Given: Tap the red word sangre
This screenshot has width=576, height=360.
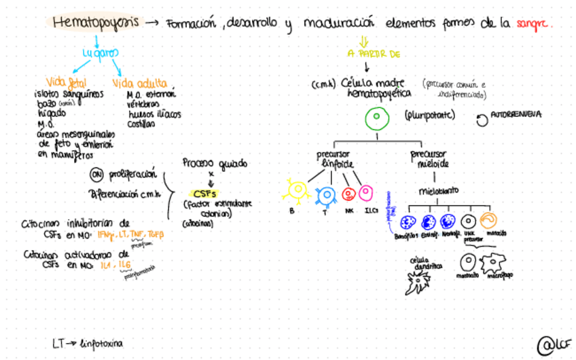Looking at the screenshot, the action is (535, 23).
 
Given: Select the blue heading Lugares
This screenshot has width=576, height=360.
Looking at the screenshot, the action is (98, 52).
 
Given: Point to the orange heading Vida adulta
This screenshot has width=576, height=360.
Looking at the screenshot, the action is (139, 82).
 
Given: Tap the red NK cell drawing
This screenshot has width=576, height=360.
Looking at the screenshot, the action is (349, 194).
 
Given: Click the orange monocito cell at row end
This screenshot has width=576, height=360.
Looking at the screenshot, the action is (489, 220).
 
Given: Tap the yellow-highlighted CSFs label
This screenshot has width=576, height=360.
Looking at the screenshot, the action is (204, 192).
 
